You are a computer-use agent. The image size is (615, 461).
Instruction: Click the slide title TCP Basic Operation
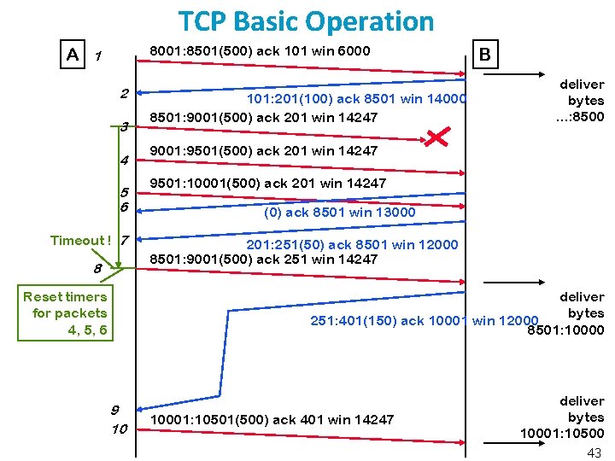coord(306,20)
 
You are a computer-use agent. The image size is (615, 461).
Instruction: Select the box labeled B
coord(485,55)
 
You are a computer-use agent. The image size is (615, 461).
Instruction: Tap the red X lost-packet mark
coord(438,137)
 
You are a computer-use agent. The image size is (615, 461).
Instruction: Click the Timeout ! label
coord(80,240)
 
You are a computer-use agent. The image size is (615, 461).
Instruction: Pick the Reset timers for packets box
coord(65,313)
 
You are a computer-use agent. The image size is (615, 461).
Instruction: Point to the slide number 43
coord(594,452)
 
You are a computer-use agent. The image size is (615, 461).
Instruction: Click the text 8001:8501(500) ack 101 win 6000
coord(260,51)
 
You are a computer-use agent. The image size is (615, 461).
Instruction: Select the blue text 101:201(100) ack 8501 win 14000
coord(357,99)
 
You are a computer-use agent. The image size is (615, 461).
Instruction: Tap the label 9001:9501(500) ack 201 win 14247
coord(263,151)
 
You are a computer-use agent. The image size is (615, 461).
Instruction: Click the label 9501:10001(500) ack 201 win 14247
coord(267,183)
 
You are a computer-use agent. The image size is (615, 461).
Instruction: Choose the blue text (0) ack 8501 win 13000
coord(339,212)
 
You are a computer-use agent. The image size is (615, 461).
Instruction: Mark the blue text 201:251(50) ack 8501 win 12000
coord(352,245)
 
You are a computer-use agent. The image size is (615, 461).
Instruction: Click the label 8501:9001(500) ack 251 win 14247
coord(263,259)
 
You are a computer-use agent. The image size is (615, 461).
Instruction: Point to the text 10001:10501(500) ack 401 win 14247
coord(272,419)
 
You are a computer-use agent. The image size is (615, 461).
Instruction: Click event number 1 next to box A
coord(99,56)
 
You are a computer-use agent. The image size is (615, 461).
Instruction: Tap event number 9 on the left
coord(114,408)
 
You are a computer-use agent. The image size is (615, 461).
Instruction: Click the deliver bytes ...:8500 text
coord(580,101)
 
